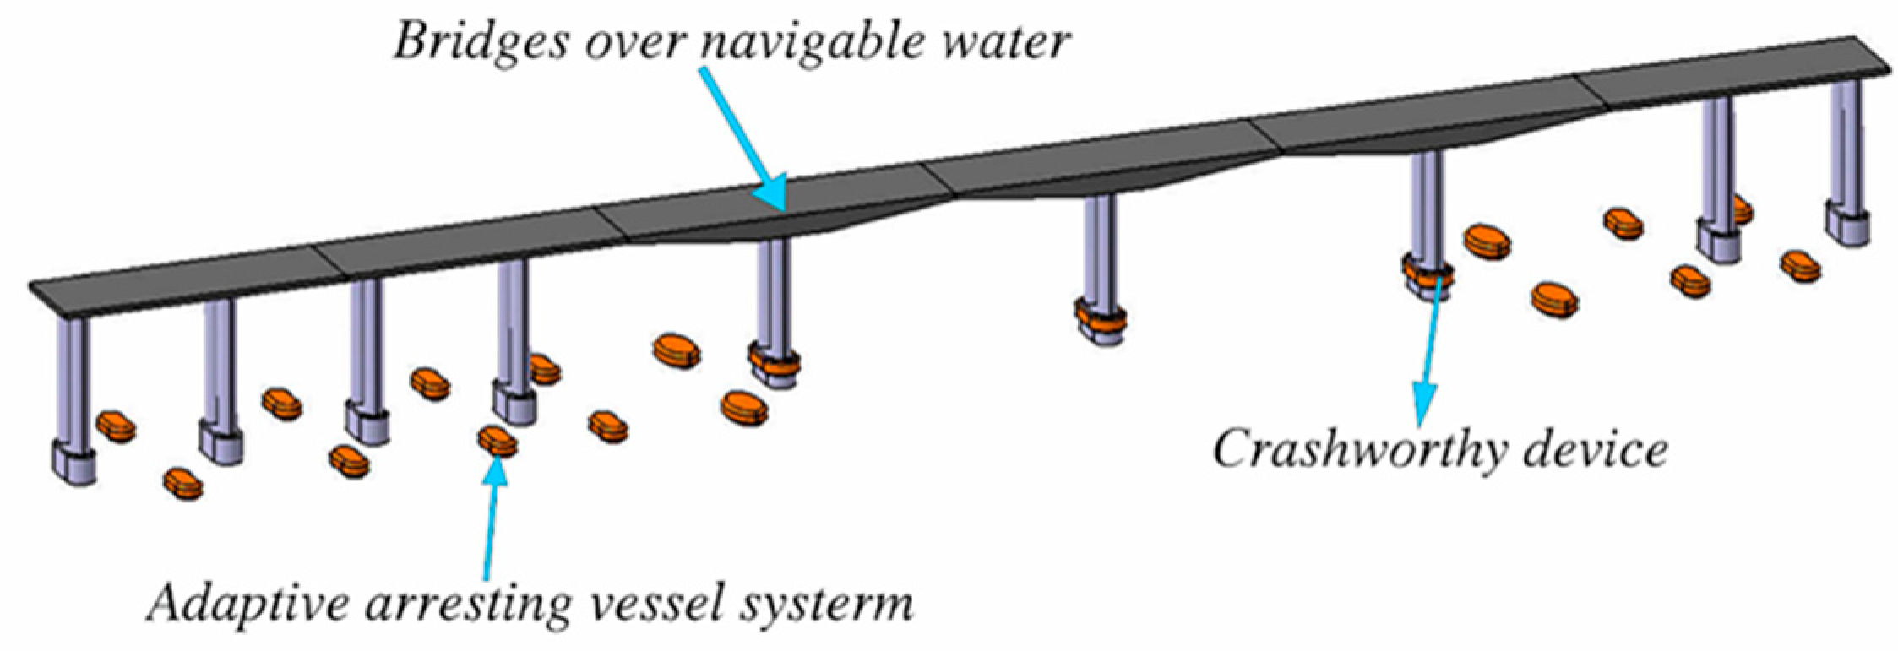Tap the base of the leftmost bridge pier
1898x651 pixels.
(x=73, y=464)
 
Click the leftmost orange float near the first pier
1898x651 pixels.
(x=116, y=426)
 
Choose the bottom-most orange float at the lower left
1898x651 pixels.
(x=183, y=484)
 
